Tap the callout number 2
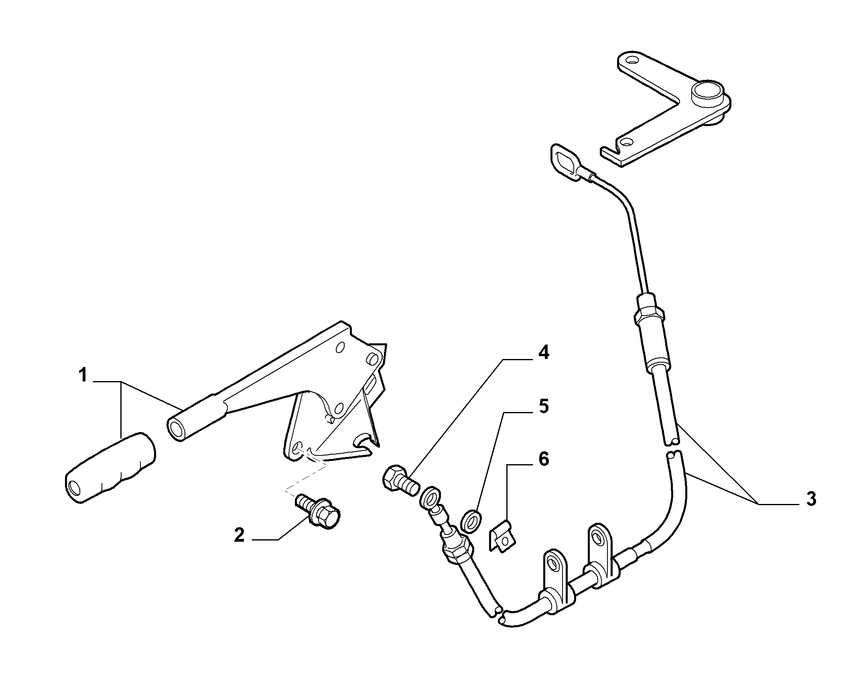240,535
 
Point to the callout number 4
544,353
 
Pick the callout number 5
544,406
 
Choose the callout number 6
544,459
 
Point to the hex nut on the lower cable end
457,549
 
